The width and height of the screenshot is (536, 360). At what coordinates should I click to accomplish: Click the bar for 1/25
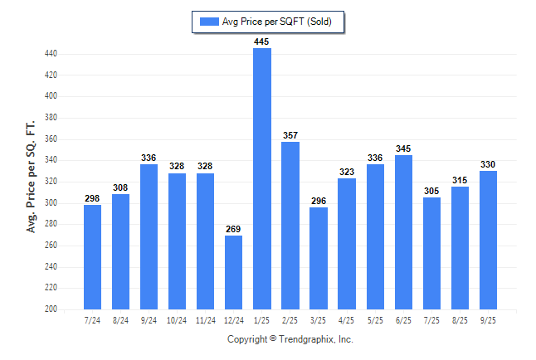point(262,178)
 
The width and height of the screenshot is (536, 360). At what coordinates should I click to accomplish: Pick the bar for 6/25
point(403,232)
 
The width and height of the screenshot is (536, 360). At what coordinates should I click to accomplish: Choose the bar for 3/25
point(319,258)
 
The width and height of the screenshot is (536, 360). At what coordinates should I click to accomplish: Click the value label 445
point(262,41)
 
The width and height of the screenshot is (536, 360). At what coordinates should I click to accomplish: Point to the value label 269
point(234,229)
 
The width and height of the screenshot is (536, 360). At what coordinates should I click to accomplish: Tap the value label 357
point(290,135)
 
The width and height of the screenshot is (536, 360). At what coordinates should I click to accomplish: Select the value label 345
point(403,148)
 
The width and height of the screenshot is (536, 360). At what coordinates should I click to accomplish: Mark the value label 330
point(488,164)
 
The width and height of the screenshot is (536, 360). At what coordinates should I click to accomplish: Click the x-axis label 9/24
point(149,319)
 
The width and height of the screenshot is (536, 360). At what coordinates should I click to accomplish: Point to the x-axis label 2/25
point(290,319)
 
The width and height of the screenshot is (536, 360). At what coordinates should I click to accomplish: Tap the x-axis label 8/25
point(460,319)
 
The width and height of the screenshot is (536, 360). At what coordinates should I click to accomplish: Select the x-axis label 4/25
point(347,319)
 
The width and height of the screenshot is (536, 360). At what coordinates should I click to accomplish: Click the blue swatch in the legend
point(208,22)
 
